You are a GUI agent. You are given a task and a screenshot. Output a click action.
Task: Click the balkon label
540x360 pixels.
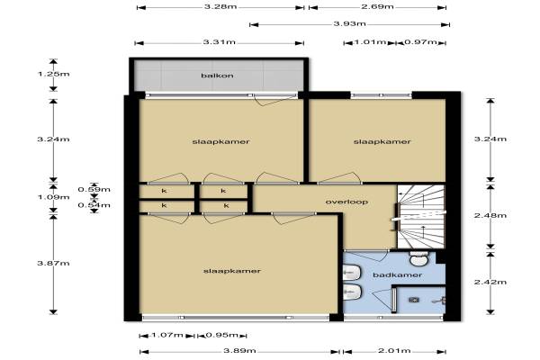[217, 75]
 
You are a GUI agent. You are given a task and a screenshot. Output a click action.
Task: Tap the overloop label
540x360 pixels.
[346, 202]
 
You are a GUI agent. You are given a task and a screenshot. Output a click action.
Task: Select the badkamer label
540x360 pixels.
[398, 274]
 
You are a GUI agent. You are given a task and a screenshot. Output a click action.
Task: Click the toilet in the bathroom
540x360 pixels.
[418, 258]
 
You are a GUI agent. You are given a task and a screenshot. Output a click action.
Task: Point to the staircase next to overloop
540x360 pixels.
[421, 216]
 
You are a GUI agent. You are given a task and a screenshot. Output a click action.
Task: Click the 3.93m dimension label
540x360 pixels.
[350, 23]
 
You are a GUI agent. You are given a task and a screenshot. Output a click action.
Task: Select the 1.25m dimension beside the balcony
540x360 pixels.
[53, 74]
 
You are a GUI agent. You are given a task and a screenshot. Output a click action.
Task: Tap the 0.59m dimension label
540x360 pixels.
[94, 189]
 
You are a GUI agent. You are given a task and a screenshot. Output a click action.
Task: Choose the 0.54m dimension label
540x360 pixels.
[94, 205]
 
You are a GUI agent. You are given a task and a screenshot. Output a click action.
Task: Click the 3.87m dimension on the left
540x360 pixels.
[53, 263]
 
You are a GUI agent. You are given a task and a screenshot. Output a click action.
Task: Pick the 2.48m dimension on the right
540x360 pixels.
[490, 215]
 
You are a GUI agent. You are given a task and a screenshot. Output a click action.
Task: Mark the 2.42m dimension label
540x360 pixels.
[490, 282]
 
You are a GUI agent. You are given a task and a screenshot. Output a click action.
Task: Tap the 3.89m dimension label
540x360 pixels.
[239, 351]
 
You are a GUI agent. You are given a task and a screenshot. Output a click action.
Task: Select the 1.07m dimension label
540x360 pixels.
[167, 335]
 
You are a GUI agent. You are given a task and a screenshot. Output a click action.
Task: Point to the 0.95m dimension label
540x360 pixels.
[222, 335]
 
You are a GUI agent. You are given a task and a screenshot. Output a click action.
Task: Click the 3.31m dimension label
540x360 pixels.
[220, 42]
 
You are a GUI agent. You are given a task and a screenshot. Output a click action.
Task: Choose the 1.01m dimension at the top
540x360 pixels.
[371, 42]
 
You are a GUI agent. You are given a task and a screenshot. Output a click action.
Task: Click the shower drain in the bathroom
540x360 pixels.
[414, 300]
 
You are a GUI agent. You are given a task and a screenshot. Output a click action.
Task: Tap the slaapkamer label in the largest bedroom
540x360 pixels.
[232, 271]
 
